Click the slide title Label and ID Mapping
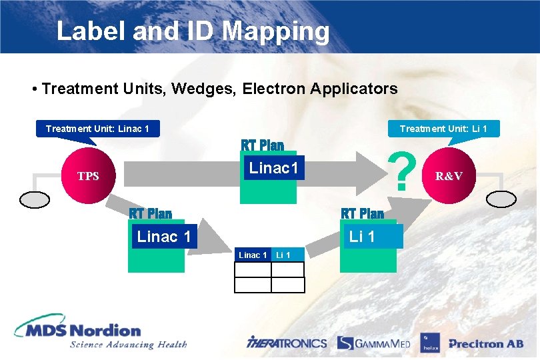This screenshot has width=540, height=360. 193,31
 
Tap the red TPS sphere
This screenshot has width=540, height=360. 87,176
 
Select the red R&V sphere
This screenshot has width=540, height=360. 448,176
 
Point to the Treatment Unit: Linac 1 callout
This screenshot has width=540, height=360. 97,128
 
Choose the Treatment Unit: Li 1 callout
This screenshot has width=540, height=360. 443,128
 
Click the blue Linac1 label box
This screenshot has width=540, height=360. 273,167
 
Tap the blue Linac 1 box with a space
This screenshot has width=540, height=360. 165,236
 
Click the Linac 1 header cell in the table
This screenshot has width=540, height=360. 253,255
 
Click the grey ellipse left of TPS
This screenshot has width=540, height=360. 35,200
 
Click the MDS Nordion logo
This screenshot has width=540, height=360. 79,331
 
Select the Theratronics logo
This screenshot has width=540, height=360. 287,343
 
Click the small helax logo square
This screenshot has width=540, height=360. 429,343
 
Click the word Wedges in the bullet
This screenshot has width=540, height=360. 203,88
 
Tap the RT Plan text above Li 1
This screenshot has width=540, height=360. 362,213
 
